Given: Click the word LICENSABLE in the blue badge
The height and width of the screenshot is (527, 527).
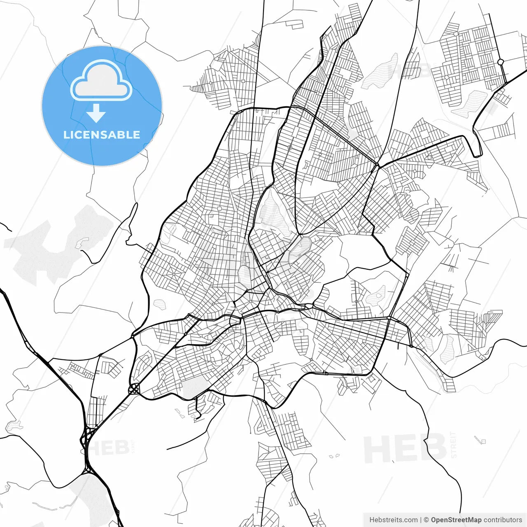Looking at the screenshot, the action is (x=102, y=135).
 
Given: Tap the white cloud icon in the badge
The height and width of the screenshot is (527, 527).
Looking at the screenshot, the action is (x=101, y=80).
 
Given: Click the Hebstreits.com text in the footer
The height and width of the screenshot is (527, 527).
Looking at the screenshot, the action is (x=393, y=520).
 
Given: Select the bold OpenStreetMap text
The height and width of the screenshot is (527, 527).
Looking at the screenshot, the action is (x=456, y=520).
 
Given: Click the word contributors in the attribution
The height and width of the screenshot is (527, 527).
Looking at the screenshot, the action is (x=503, y=520).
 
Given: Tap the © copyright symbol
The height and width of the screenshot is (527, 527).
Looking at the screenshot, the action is (x=427, y=520).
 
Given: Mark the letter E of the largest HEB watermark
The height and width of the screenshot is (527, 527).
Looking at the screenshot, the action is (x=406, y=449).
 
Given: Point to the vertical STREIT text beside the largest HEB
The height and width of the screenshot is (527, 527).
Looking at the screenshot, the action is (x=454, y=445).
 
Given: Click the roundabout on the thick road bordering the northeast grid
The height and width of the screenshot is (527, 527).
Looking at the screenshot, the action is (x=501, y=62).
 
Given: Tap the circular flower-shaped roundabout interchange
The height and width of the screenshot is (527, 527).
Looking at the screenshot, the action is (x=133, y=389).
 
